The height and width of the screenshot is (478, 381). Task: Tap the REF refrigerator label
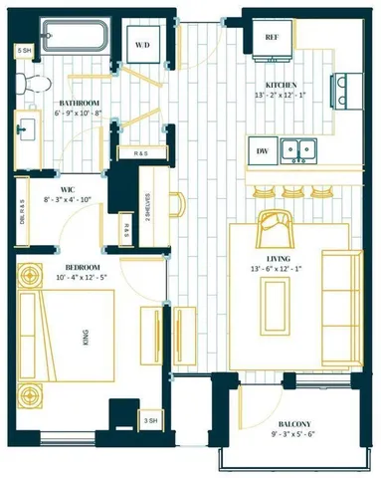point(271,37)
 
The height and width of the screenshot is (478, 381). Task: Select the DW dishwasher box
point(263,151)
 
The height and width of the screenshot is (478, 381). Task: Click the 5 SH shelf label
point(24,51)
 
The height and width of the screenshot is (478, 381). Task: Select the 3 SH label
point(149,421)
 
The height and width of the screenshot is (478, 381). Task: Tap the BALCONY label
point(295,420)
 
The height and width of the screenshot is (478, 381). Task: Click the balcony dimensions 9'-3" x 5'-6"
point(295,434)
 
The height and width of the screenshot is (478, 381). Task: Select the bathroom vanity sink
point(26,126)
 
